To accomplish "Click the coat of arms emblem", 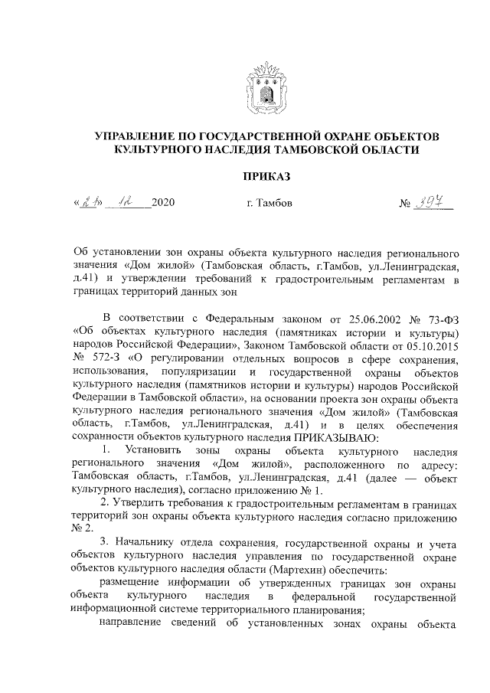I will (x=266, y=87).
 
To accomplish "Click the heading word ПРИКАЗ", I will (x=266, y=177).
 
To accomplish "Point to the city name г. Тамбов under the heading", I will (x=265, y=204).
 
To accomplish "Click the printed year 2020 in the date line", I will (x=165, y=204).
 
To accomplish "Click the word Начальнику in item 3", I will (x=144, y=544).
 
